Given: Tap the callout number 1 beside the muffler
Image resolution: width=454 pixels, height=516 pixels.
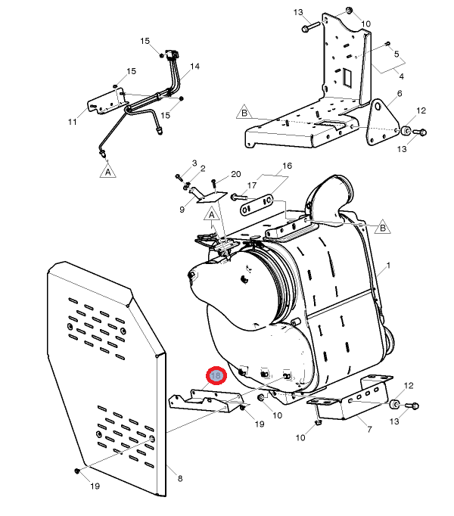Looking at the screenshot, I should [388, 266].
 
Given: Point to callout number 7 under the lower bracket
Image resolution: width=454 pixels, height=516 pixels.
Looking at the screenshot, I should [368, 429].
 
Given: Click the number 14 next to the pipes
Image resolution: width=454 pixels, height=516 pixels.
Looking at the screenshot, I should [195, 67].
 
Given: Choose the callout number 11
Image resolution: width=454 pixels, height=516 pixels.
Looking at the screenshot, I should [73, 121].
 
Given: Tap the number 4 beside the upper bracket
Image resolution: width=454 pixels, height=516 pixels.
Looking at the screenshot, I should [402, 76].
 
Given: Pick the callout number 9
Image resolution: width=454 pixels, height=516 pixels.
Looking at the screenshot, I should [182, 210].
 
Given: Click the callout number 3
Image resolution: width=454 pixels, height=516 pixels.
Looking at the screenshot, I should [194, 163].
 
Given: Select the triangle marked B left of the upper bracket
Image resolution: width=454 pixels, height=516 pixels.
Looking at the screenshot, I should [244, 113].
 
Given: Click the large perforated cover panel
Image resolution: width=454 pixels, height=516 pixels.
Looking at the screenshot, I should [106, 378].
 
